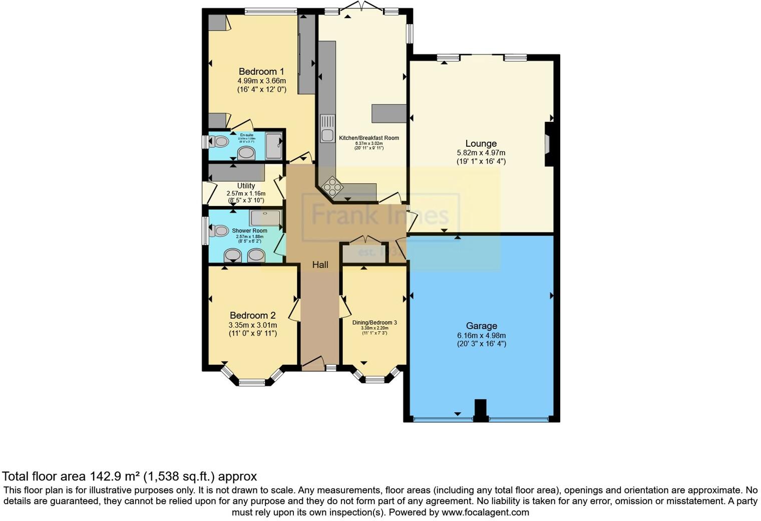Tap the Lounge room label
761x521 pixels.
(481, 144)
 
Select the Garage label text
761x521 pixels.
(481, 326)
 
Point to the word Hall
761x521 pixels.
(320, 265)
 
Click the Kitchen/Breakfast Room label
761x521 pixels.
(369, 138)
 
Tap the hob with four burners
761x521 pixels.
(332, 187)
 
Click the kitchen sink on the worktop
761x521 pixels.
(327, 129)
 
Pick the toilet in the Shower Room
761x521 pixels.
(218, 231)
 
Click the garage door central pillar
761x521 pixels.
(480, 410)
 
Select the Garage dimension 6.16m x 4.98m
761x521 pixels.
(481, 336)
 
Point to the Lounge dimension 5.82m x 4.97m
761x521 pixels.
(481, 153)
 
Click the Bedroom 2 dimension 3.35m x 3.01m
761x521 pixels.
(253, 325)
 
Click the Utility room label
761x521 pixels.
(246, 186)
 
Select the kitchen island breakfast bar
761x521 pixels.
(389, 113)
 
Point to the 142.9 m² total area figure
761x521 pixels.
(115, 476)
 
